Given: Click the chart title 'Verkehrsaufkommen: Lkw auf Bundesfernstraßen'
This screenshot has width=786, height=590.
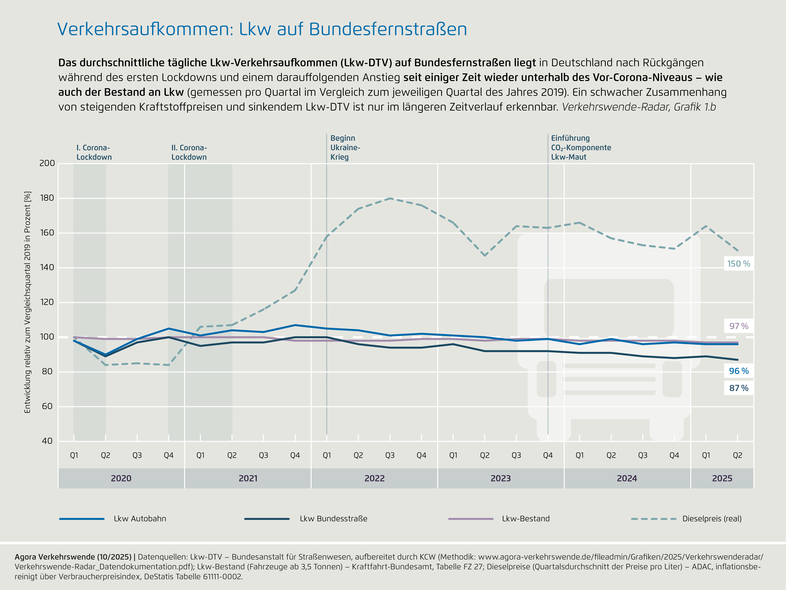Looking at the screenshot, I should pyautogui.click(x=262, y=29).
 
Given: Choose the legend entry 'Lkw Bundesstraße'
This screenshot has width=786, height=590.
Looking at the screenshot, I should pyautogui.click(x=333, y=518).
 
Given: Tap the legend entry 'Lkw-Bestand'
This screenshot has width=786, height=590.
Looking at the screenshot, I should pyautogui.click(x=526, y=518).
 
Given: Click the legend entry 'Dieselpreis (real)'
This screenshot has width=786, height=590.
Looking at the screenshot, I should pyautogui.click(x=712, y=518).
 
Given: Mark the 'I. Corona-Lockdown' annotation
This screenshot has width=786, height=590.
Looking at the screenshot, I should pyautogui.click(x=94, y=152).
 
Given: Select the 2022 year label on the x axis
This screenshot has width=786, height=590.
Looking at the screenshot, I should pyautogui.click(x=375, y=478).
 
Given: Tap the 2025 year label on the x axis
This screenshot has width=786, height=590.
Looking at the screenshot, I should pyautogui.click(x=722, y=478).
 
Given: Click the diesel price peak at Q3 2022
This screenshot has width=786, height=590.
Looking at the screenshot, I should pyautogui.click(x=390, y=198).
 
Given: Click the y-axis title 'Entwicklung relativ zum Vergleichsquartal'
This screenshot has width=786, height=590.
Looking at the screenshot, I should pyautogui.click(x=27, y=302).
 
